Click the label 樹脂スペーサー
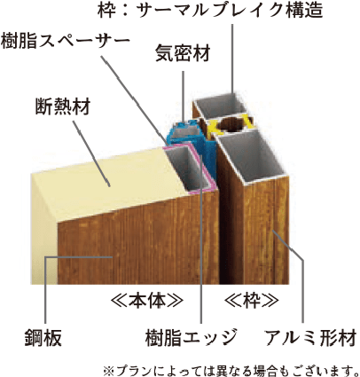(65, 40)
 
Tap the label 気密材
(183, 53)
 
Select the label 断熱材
(63, 106)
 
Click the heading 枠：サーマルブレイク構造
(210, 10)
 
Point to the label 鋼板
(43, 338)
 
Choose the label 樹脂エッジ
(192, 338)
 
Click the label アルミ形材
(310, 338)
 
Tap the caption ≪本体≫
(147, 301)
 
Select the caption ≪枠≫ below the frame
(252, 301)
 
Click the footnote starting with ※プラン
(231, 370)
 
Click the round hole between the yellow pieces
(232, 125)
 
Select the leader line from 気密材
(184, 96)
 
